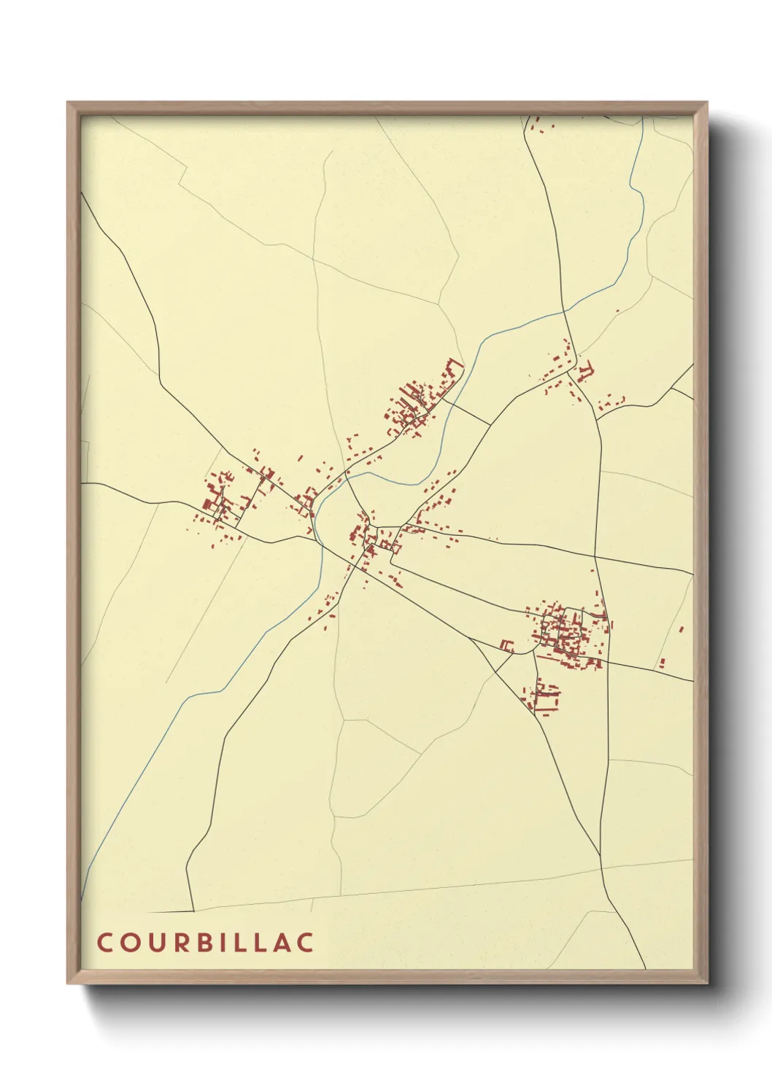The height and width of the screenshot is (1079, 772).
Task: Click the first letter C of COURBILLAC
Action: point(104,942)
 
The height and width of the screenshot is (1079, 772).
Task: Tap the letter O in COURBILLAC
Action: point(128,942)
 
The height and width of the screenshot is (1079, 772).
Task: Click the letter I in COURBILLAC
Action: point(222,942)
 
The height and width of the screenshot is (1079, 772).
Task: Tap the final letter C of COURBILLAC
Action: point(306,942)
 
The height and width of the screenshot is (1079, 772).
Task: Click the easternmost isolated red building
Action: point(682,628)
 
